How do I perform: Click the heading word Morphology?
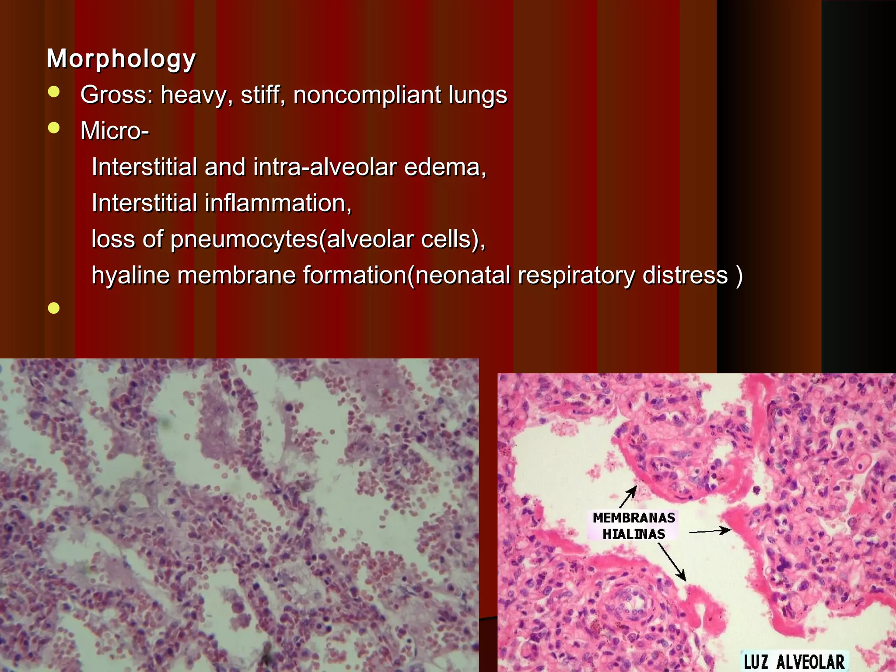point(121,59)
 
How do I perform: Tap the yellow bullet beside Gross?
point(54,92)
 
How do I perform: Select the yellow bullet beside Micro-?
point(54,128)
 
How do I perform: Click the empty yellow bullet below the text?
point(54,308)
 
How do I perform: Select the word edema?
point(444,167)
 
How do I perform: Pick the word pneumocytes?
point(244,240)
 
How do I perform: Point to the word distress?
point(685,276)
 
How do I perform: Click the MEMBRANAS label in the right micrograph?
point(633,518)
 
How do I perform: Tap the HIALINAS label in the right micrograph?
point(633,534)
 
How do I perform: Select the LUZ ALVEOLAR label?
point(794,661)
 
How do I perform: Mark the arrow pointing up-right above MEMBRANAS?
point(628,497)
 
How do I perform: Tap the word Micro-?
point(115,130)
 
